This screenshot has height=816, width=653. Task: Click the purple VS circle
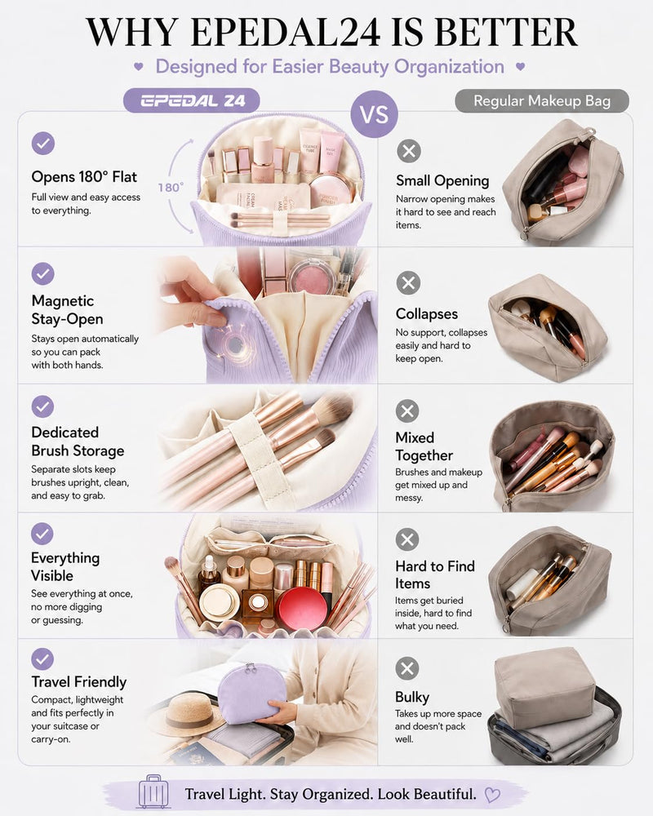pos(375,114)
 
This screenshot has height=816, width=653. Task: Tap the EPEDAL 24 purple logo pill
pos(192,100)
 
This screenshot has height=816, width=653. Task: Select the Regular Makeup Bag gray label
pos(541,101)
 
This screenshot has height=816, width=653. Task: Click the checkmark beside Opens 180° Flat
pos(43,143)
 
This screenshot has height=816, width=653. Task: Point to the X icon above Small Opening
pos(409,151)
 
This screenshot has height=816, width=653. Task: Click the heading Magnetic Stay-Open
pos(67,309)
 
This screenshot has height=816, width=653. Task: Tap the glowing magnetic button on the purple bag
pos(235,344)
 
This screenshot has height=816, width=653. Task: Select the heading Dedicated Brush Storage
pos(78,441)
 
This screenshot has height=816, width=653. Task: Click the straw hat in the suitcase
pos(181,712)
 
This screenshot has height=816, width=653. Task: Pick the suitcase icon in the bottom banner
pos(153,791)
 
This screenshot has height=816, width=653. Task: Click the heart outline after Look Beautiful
pos(492,795)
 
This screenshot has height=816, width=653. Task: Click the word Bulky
pos(412,697)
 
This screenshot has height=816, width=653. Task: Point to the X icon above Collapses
pos(408,283)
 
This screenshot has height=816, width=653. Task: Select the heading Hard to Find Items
pos(435,574)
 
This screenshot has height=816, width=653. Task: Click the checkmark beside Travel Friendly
pos(42,659)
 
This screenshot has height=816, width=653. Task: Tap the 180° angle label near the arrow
pos(171,187)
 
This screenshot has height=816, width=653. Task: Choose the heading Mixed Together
pos(424,446)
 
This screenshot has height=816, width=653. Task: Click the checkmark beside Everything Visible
pos(42,534)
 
